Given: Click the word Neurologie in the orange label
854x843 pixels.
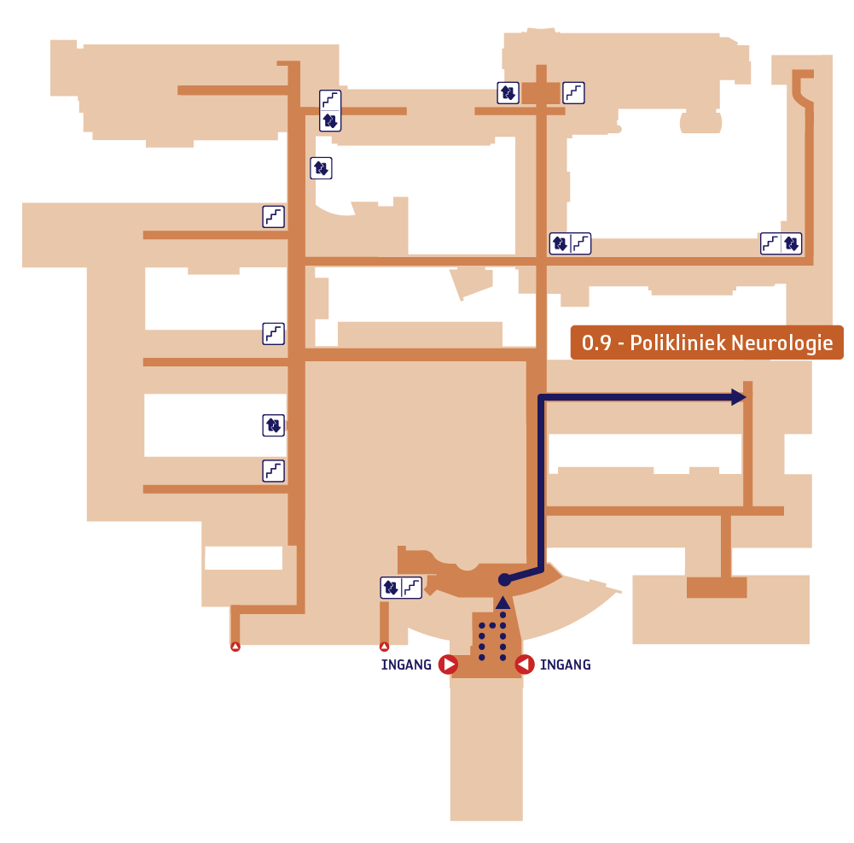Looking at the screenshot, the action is pyautogui.click(x=781, y=343).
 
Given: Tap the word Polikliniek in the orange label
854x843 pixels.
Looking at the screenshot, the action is pyautogui.click(x=678, y=342).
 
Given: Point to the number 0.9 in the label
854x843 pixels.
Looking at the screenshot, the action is pyautogui.click(x=596, y=343).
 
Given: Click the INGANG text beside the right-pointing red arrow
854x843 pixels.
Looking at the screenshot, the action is pyautogui.click(x=406, y=664).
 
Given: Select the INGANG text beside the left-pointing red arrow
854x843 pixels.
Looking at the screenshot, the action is pyautogui.click(x=566, y=664).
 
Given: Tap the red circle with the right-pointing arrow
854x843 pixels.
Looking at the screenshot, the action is pyautogui.click(x=448, y=664).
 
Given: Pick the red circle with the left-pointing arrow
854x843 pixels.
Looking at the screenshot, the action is pyautogui.click(x=525, y=664).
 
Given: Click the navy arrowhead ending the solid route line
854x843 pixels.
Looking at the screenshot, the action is pyautogui.click(x=739, y=397).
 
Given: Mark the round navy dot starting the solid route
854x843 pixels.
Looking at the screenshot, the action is pyautogui.click(x=505, y=580).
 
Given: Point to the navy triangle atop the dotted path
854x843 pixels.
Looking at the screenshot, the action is pyautogui.click(x=503, y=602).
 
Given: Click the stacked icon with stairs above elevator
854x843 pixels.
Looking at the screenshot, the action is pyautogui.click(x=330, y=111).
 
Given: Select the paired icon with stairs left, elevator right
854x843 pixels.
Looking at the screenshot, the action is pyautogui.click(x=781, y=243).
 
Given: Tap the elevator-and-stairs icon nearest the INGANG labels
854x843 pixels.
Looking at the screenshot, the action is pyautogui.click(x=401, y=588).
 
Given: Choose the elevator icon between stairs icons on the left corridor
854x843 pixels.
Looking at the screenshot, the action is pyautogui.click(x=273, y=424).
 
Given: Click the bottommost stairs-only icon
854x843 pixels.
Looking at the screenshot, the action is pyautogui.click(x=273, y=471).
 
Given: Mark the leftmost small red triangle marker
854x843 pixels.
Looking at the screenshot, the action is pyautogui.click(x=235, y=647).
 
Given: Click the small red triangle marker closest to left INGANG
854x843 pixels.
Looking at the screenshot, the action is pyautogui.click(x=385, y=647).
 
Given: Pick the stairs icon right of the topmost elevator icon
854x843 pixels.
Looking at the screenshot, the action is pyautogui.click(x=573, y=93).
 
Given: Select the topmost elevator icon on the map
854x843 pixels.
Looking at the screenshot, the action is pyautogui.click(x=508, y=93).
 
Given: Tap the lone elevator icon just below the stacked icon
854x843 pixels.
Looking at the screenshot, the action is pyautogui.click(x=321, y=168).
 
